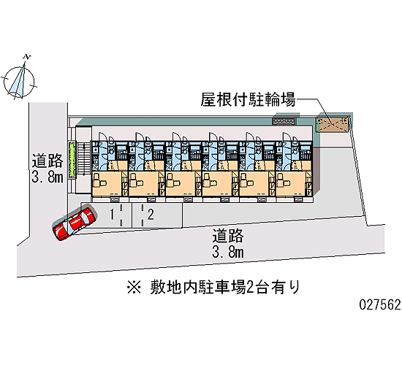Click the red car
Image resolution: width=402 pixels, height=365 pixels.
coord(75,223)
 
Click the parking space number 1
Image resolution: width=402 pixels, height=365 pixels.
coord(112,215)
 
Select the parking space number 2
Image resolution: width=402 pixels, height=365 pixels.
coord(151,215)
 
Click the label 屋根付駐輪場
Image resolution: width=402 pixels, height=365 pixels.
coord(248,99)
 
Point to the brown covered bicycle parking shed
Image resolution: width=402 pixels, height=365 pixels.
coord(333,124)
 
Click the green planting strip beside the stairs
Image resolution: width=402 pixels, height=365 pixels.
coord(72,159)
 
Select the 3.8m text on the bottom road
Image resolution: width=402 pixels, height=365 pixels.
coord(228,253)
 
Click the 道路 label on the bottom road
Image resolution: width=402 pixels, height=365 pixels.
coord(227,236)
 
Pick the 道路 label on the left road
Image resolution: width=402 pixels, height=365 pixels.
coord(48,161)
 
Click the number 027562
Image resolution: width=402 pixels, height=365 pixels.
coord(380,305)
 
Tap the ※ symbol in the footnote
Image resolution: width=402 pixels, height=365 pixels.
coord(134,287)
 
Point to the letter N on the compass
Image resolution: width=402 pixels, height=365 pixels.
coord(27,57)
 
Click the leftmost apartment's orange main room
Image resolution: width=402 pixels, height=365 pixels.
coord(107,184)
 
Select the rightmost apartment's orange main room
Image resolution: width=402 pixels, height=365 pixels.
coord(291,184)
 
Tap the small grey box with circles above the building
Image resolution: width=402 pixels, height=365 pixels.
coord(284,121)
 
